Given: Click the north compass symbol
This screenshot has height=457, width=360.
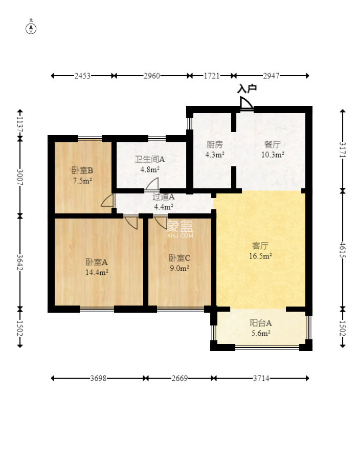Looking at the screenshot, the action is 31,29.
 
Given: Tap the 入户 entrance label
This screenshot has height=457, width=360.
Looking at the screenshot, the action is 247,89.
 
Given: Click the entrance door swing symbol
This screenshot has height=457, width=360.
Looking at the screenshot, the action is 246,103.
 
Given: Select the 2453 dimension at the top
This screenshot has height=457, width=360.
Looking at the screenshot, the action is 82,76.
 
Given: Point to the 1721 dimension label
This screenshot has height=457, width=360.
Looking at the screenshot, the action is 212,76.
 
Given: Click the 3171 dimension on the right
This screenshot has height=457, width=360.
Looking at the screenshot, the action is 342,150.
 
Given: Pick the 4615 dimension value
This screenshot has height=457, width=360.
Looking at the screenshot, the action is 342,250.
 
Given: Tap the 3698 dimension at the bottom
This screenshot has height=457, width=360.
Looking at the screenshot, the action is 98,378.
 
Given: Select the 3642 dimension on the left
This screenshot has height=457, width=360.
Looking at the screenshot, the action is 20,263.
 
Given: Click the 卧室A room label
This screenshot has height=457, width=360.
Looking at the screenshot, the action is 97,262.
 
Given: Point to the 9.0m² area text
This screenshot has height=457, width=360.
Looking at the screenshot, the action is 179,268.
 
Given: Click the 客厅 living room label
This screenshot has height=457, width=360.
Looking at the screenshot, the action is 260,246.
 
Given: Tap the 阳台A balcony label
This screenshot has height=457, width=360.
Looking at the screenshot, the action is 261,322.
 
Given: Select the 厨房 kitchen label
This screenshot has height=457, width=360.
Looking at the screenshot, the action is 215,144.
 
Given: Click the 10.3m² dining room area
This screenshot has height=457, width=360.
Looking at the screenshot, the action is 273,155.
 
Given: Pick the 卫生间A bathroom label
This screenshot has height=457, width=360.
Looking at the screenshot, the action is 150,159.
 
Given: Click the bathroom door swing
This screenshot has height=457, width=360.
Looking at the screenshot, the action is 152,184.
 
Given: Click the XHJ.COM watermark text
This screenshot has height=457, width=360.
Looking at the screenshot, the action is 180,235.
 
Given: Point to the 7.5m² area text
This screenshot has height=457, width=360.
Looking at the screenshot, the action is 82,181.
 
